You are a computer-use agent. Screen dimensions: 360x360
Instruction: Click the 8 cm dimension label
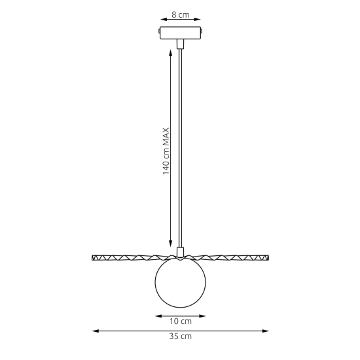(x=181, y=15)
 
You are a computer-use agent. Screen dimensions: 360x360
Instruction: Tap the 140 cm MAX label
(x=166, y=151)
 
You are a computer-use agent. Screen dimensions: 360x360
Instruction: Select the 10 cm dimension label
(x=181, y=321)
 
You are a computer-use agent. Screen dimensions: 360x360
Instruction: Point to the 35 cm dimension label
(x=181, y=336)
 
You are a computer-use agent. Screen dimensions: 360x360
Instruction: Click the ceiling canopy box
(x=181, y=33)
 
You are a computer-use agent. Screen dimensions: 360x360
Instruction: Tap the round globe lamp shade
(x=181, y=282)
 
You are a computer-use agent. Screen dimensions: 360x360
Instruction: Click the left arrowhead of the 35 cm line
(x=96, y=331)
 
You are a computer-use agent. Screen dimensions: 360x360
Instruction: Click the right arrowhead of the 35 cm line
(x=265, y=331)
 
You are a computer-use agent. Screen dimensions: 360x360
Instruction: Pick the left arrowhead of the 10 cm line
(x=158, y=316)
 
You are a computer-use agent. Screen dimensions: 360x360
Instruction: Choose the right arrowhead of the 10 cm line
(x=202, y=316)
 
